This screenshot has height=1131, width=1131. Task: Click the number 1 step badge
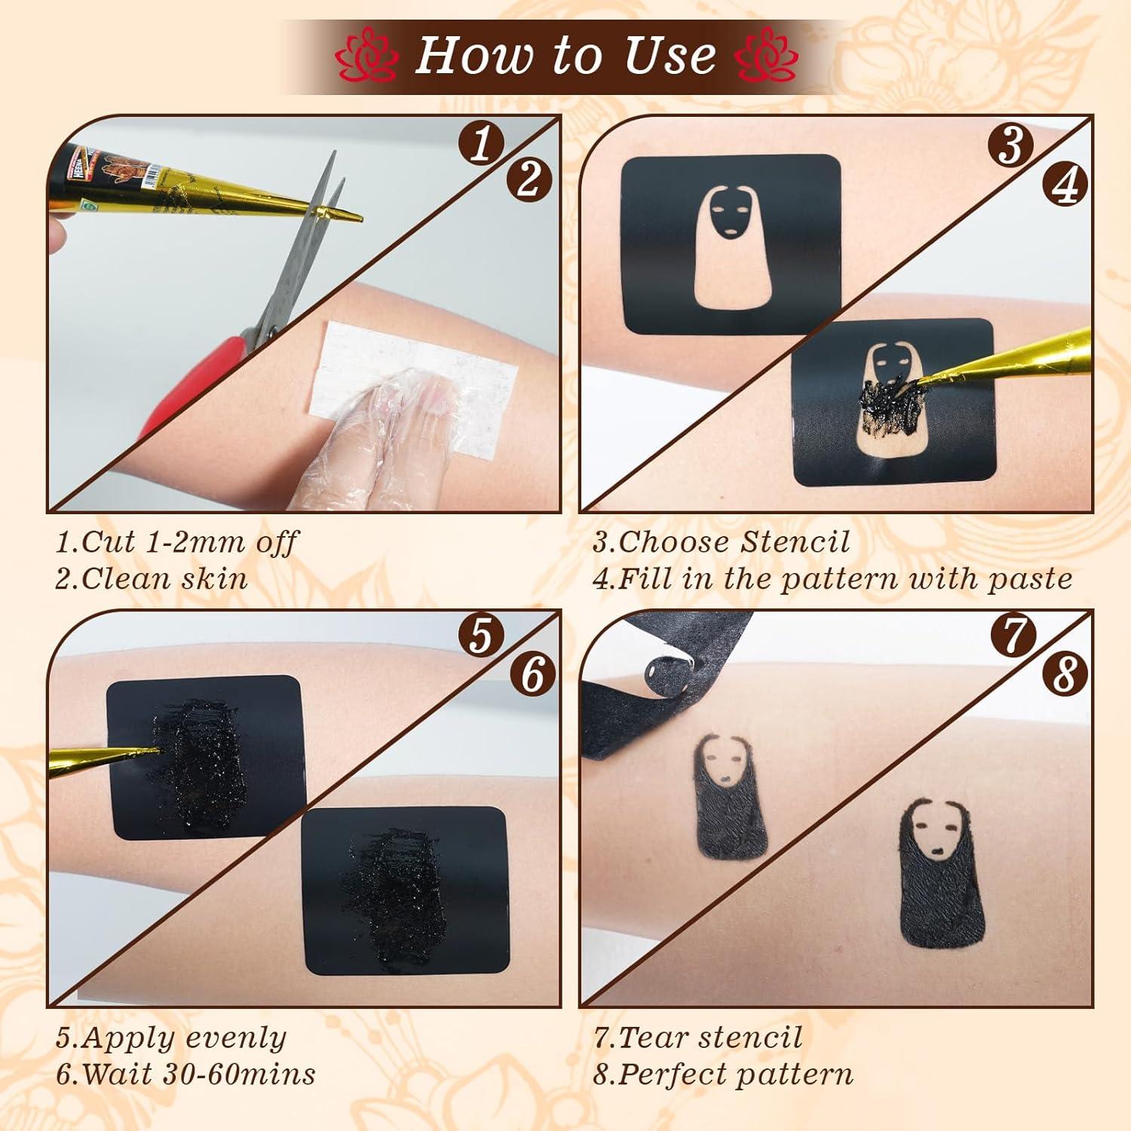coord(480,144)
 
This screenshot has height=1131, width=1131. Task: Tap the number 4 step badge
coord(1064,183)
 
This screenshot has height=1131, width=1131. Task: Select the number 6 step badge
coord(532,673)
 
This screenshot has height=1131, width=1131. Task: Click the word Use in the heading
coord(664,55)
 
